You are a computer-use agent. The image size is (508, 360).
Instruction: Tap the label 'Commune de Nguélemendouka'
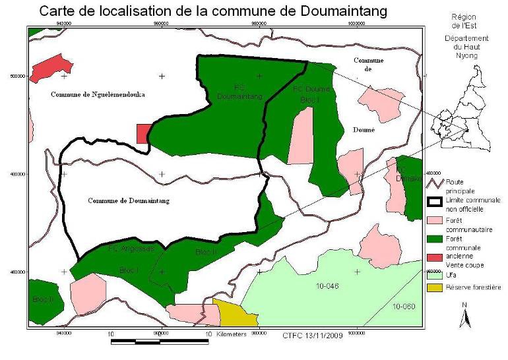coord(97,95)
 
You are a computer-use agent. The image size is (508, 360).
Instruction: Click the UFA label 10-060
coord(404,307)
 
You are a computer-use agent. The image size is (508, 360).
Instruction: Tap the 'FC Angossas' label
coord(130,249)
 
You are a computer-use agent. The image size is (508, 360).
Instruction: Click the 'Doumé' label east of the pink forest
coord(364,130)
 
